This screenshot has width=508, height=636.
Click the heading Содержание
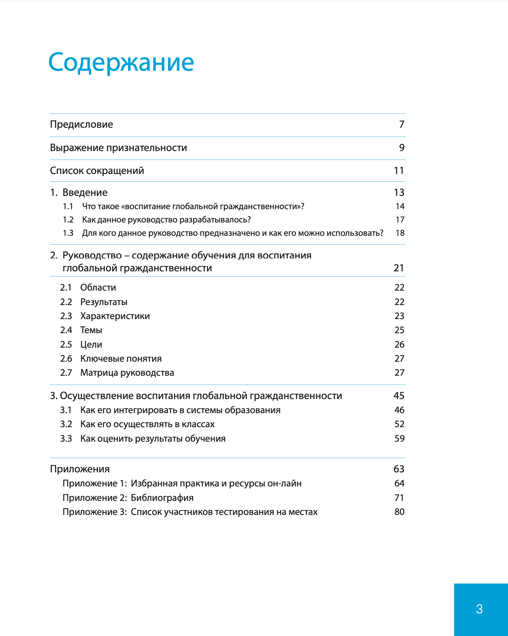pos(121,62)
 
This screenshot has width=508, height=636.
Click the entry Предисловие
pos(81,124)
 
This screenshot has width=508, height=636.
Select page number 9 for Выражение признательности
pos(402,148)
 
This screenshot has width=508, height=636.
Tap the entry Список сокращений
pos(97,171)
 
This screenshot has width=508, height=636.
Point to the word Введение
pos(85,193)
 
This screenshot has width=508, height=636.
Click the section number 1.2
pos(68,220)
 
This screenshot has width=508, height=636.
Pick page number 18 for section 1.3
pos(400,233)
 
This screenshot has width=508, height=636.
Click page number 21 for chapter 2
pos(399,268)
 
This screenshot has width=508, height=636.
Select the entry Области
pos(98,288)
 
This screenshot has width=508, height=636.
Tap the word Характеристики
pos(115,316)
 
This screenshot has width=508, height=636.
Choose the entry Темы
pos(91,330)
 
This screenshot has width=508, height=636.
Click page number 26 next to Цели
pos(400,345)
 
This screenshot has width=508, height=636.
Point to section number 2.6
pos(66,359)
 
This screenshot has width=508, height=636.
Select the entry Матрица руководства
pos(127,373)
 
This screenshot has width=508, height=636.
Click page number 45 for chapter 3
pos(399,396)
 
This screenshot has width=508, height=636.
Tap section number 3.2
pos(66,424)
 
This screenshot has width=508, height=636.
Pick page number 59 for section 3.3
pos(400,439)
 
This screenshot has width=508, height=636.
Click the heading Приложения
pos(80,469)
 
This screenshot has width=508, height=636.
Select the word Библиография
pos(162,498)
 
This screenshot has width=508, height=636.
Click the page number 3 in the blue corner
pos(479,609)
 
